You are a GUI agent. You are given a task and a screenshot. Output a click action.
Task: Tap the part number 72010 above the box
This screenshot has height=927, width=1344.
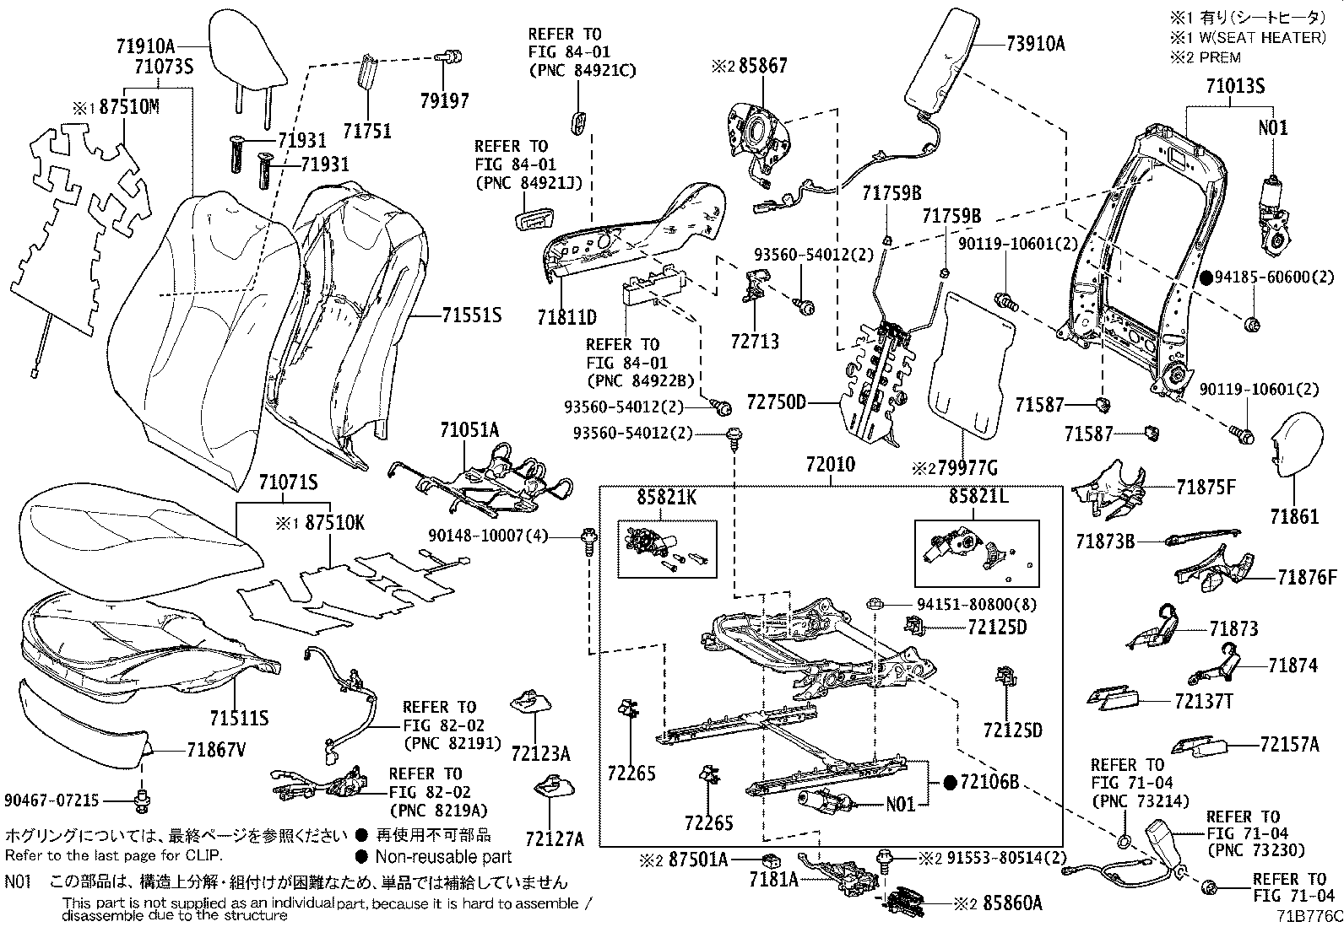(830, 464)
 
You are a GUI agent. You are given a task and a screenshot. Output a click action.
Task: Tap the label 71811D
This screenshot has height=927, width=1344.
(566, 317)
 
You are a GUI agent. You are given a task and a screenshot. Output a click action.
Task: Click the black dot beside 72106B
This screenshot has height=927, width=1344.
(950, 783)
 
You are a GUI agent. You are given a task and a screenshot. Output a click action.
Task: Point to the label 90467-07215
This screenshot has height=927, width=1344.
(51, 799)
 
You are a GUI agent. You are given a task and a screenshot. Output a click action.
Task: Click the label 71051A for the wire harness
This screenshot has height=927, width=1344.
(469, 430)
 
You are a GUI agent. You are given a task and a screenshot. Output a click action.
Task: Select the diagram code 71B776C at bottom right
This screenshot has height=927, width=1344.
(1309, 915)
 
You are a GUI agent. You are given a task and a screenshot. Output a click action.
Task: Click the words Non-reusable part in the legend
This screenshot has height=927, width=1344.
(443, 856)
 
